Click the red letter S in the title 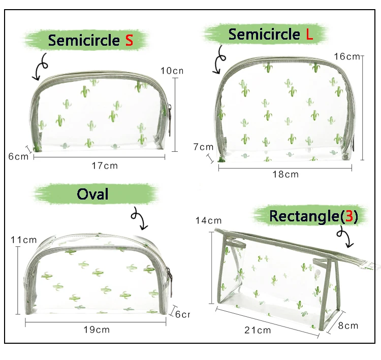(x=129, y=40)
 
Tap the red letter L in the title (x=309, y=34)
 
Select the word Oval (x=92, y=194)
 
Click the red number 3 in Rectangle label (x=349, y=216)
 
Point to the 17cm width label (x=105, y=166)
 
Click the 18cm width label (x=285, y=174)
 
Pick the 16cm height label (x=347, y=56)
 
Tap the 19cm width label (x=97, y=330)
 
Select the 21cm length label (x=258, y=330)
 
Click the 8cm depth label (x=348, y=325)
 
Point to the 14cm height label (x=209, y=220)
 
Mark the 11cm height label (x=23, y=240)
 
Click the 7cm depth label (x=203, y=147)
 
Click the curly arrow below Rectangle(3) (x=345, y=237)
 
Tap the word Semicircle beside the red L (x=264, y=34)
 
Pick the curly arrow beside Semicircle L (x=219, y=59)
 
